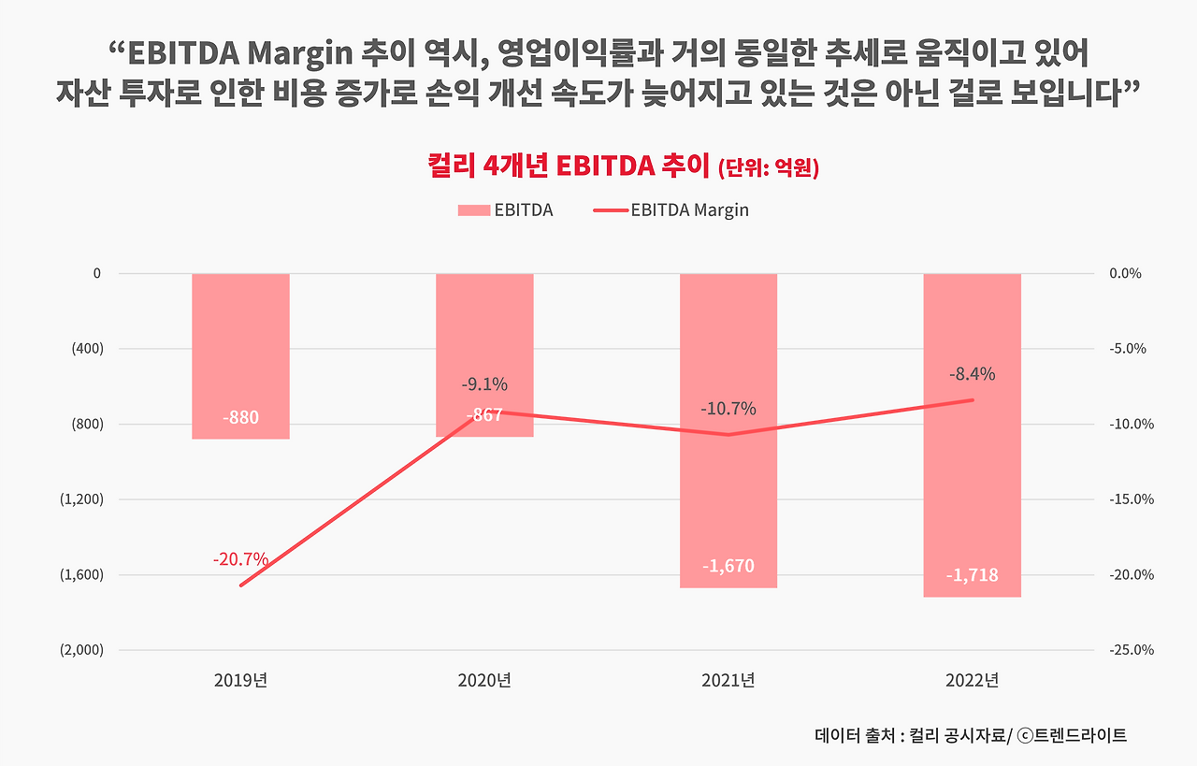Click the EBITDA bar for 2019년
240,356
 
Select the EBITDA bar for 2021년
728,431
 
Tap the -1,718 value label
972,575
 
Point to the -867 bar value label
484,415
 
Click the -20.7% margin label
240,559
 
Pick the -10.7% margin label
728,409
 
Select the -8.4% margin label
972,374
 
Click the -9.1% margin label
484,384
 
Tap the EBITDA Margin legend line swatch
611,210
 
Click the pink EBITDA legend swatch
474,210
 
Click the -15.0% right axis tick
1132,499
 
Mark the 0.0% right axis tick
1125,274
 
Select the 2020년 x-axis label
484,681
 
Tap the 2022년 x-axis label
972,681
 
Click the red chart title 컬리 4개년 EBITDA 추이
568,166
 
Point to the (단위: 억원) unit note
769,167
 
